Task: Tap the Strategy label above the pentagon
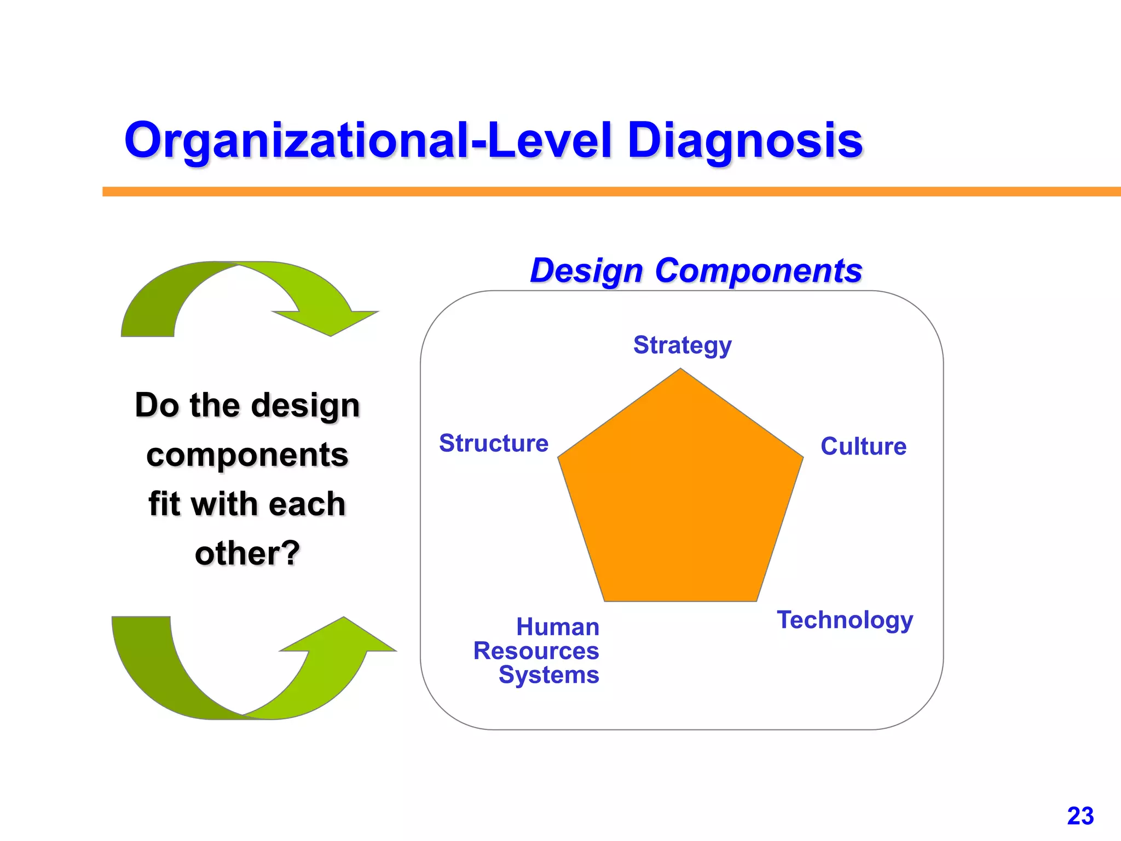click(682, 345)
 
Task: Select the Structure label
click(494, 443)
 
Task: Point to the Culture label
click(863, 446)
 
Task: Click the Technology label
click(845, 620)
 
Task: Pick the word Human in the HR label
click(558, 627)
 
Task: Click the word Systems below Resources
click(548, 675)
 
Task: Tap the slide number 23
click(1080, 816)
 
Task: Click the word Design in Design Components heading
click(586, 270)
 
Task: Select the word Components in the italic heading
click(758, 270)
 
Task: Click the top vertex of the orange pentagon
click(680, 370)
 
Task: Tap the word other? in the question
click(247, 553)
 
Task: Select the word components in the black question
click(247, 454)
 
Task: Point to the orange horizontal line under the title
click(602, 191)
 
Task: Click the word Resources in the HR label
click(536, 651)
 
